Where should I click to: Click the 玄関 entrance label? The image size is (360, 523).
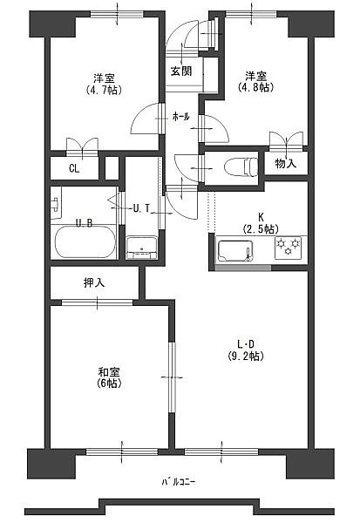point(181,71)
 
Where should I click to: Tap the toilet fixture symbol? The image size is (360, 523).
point(241,167)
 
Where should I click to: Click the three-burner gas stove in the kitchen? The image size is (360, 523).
point(288,248)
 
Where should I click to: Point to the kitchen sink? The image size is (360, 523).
point(234,251)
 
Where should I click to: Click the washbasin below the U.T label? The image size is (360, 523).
point(142,248)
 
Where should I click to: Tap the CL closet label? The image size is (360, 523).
point(74,169)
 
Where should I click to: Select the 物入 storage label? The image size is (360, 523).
point(285,163)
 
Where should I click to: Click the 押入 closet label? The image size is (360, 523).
point(94,282)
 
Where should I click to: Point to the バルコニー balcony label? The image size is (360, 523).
point(179,482)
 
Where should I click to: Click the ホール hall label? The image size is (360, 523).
point(180,117)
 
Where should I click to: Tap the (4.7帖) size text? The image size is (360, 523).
point(104,90)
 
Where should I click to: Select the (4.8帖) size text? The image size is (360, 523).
point(256,87)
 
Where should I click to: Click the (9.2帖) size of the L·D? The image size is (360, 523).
point(246,357)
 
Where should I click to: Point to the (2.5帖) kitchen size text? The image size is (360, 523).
point(261,229)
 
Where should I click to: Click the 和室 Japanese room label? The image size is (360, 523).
point(109,372)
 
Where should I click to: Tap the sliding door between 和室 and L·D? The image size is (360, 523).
point(172,377)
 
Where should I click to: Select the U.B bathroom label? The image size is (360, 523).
point(84,223)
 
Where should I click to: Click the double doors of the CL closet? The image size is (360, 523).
point(82,147)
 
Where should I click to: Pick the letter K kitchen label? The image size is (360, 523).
point(261,217)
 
